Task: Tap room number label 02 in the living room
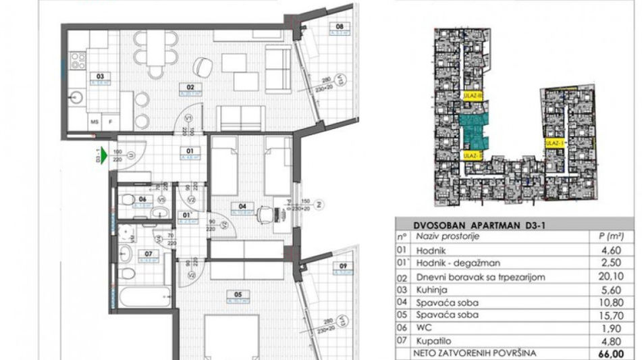click(x=190, y=87)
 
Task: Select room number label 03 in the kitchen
click(x=99, y=76)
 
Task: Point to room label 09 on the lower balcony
click(x=343, y=265)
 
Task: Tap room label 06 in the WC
click(x=142, y=199)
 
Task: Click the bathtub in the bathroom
click(x=144, y=295)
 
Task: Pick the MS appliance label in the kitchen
click(x=95, y=122)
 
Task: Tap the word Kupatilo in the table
click(x=434, y=340)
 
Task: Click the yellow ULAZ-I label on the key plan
click(x=554, y=143)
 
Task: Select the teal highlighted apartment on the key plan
click(x=474, y=130)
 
